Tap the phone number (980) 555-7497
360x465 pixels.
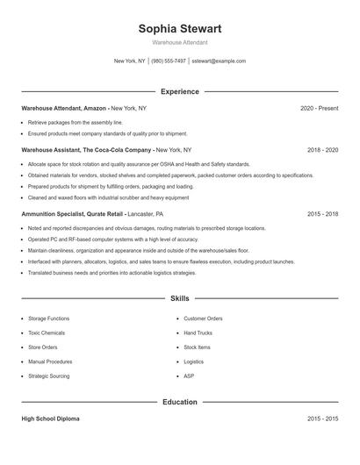(169, 61)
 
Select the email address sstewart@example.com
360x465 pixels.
(219, 61)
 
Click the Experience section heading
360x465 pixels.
(180, 91)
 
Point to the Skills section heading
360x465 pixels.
(180, 298)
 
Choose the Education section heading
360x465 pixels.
(180, 402)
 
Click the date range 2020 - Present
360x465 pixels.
(319, 108)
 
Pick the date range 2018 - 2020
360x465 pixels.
(322, 150)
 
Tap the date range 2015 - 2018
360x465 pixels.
(322, 213)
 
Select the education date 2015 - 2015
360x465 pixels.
(322, 419)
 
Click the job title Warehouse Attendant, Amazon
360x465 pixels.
(64, 108)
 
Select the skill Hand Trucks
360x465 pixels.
(198, 333)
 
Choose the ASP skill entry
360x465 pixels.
(189, 376)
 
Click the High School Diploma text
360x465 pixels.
(50, 419)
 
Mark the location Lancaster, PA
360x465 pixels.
(152, 213)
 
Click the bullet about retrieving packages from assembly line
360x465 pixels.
(76, 123)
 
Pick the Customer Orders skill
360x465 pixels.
(203, 318)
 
